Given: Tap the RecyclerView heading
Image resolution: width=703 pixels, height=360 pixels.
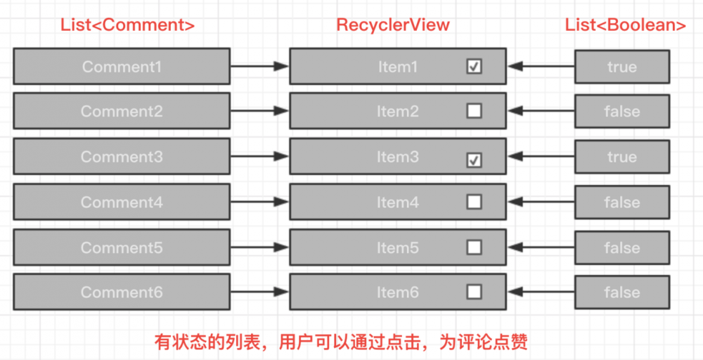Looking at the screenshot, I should coord(393,25).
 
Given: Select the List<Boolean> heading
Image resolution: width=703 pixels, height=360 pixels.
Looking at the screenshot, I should coord(626,25).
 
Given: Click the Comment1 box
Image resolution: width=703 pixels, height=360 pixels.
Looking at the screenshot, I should coord(122,67).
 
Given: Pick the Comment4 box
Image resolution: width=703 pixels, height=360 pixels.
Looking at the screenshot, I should coord(122,202).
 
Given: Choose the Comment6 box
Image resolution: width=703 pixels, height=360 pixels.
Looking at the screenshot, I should coord(122,292).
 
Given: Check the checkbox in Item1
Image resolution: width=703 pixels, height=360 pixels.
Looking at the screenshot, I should coord(475,67).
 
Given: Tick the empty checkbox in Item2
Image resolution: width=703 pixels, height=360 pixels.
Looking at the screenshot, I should coord(475,111).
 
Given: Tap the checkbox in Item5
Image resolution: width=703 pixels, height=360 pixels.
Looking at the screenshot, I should coord(475,247).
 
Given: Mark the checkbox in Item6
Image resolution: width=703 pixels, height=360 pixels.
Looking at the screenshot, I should coord(475,292).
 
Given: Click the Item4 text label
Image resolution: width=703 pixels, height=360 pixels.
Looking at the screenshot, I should coord(397,202).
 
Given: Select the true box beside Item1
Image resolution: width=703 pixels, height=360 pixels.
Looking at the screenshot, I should coord(621,67).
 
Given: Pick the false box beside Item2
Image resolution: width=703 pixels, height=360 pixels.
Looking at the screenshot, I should coord(621,112).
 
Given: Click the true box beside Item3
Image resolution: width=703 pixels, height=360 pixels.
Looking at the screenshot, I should coord(621,157).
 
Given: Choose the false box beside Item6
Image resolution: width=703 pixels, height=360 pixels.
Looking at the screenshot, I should coord(621,292).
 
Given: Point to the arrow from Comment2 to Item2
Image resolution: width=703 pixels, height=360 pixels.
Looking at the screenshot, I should coord(259,112).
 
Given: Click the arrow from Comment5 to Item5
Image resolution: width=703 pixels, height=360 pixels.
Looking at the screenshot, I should coord(259,247).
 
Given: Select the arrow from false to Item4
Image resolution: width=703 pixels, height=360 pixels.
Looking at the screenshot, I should coord(541,202).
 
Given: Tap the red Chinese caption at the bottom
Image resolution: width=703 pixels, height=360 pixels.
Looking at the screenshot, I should coord(341,342).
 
